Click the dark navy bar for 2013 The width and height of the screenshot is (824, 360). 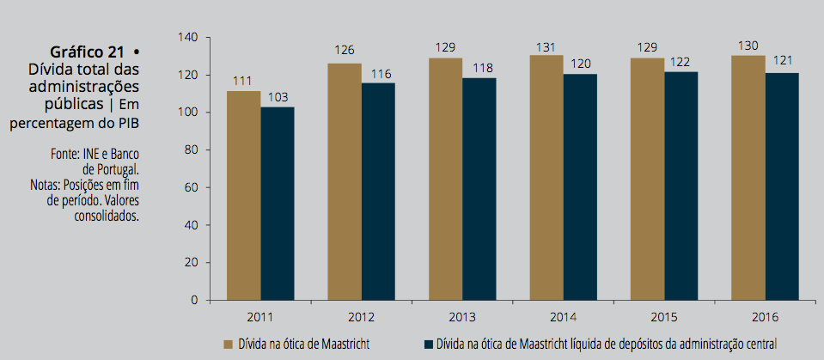pos(479,188)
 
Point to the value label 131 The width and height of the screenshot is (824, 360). pos(546,48)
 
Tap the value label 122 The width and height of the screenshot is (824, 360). pos(681,64)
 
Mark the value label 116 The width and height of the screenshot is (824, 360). pos(378,75)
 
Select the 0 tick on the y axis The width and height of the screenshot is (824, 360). pos(194,300)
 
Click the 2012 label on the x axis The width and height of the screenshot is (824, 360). pos(361,315)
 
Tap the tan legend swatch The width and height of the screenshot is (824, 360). pos(229,345)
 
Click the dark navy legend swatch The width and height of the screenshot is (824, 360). pos(427,345)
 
